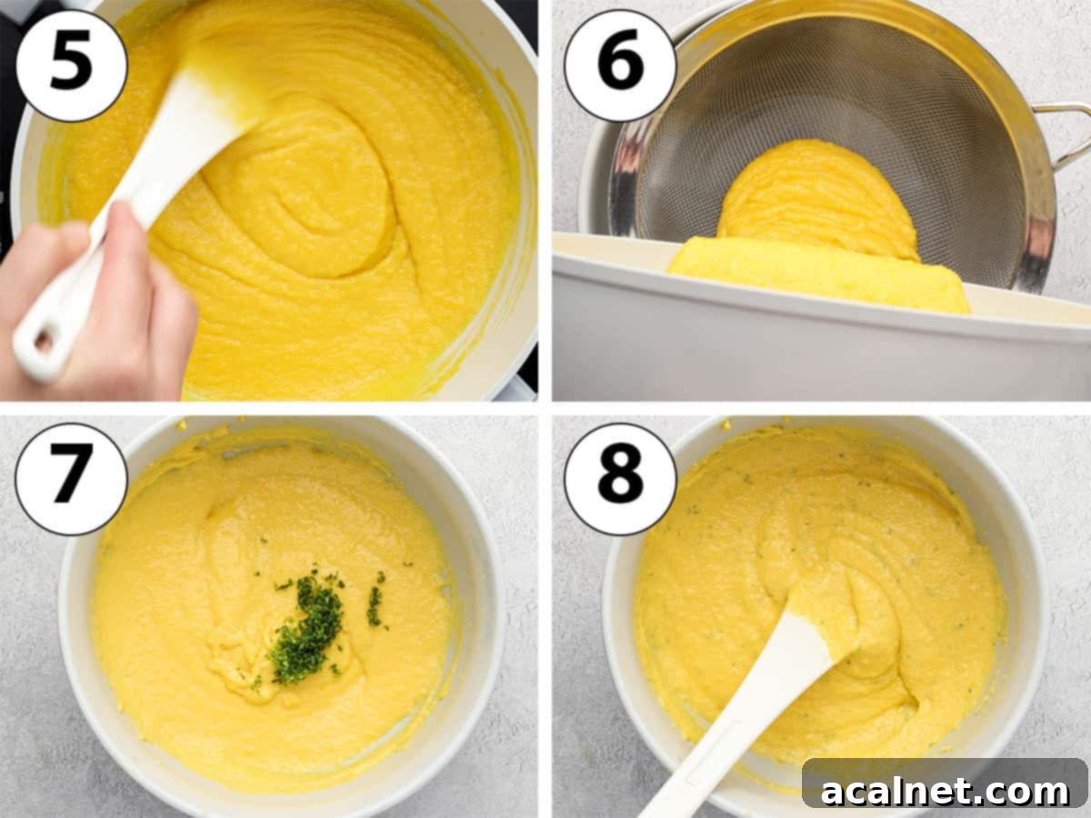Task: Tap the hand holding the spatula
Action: (x=109, y=300)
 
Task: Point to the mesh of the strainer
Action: (x=818, y=100)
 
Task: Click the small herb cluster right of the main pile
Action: (x=375, y=604)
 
